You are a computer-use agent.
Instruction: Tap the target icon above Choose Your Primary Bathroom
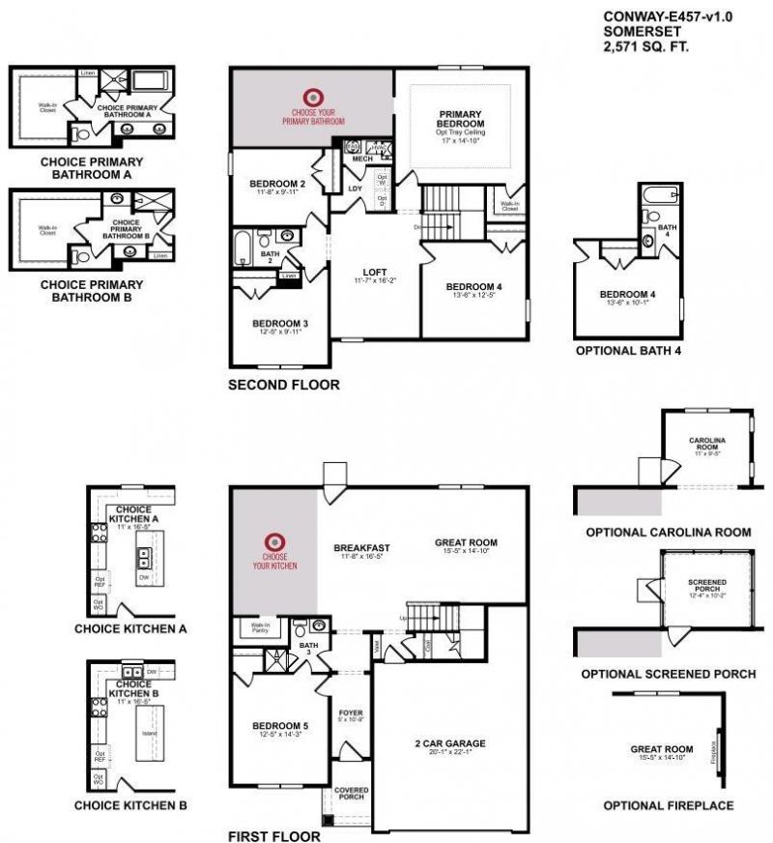[x=312, y=97]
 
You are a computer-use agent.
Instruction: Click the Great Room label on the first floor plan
[x=466, y=542]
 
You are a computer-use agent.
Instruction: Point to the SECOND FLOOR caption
[x=283, y=385]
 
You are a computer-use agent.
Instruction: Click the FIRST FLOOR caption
[x=273, y=834]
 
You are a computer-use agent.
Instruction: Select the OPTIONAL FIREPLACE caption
[x=668, y=805]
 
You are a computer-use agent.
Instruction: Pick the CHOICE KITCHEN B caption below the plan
[x=130, y=805]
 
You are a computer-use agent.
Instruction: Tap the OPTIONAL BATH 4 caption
[x=628, y=351]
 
